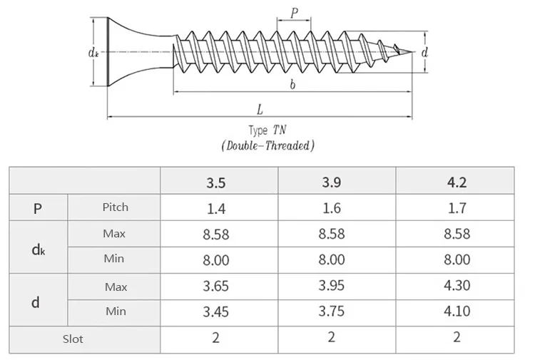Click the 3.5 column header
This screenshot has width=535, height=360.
click(x=216, y=182)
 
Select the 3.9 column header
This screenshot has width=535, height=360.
click(x=332, y=182)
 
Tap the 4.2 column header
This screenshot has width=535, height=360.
click(x=457, y=182)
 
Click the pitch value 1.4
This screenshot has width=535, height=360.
click(x=216, y=208)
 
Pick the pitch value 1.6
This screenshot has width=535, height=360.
click(x=332, y=208)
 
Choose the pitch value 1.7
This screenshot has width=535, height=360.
click(x=457, y=208)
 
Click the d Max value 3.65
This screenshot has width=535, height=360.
click(x=216, y=287)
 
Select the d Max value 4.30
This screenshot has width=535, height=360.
click(x=457, y=287)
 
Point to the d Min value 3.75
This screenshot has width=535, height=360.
click(x=332, y=312)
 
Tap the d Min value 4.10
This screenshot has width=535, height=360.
click(x=457, y=312)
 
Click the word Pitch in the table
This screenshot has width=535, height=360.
click(x=115, y=207)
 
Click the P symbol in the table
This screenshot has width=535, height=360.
click(x=37, y=208)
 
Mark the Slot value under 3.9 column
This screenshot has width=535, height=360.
click(x=332, y=338)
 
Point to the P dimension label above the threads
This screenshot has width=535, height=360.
click(x=293, y=11)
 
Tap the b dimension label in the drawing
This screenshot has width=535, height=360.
click(x=292, y=84)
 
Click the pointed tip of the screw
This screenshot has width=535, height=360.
click(x=412, y=52)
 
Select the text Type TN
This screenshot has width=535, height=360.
click(x=267, y=130)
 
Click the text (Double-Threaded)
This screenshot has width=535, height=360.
click(x=267, y=145)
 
